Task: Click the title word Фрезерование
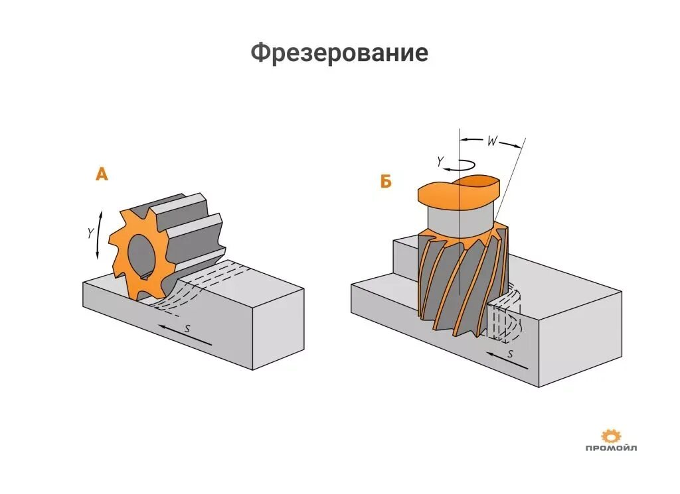[339, 52]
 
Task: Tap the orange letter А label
[101, 174]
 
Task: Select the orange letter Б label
[386, 180]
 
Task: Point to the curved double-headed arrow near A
[100, 235]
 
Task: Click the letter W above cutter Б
[491, 140]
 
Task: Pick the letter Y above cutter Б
[440, 160]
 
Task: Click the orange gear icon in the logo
[610, 436]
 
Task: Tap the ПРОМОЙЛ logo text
[610, 449]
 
